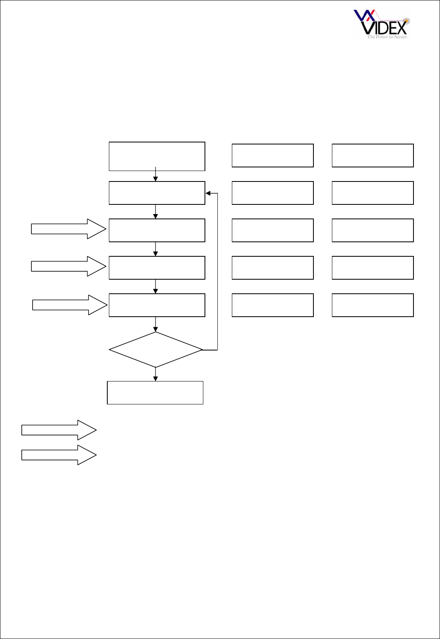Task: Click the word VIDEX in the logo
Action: coord(385,27)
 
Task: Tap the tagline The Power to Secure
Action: coord(387,37)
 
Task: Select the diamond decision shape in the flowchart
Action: coord(156,350)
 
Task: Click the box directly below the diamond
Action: coord(155,393)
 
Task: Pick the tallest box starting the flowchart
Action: coord(157,156)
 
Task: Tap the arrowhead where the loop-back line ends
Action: coord(208,193)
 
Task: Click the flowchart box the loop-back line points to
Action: coord(157,193)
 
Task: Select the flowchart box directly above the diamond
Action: coord(157,305)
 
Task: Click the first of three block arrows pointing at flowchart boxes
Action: coord(68,229)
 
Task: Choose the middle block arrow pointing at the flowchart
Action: coord(68,266)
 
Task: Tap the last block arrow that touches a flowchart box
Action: coord(70,305)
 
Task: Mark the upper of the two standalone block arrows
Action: coord(59,430)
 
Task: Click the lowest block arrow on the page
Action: coord(59,455)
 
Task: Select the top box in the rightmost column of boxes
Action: coord(372,155)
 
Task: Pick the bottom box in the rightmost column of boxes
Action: coord(372,305)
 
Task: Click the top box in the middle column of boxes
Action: coord(272,155)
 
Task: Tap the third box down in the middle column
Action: coord(272,230)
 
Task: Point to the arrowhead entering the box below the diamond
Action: coord(156,379)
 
